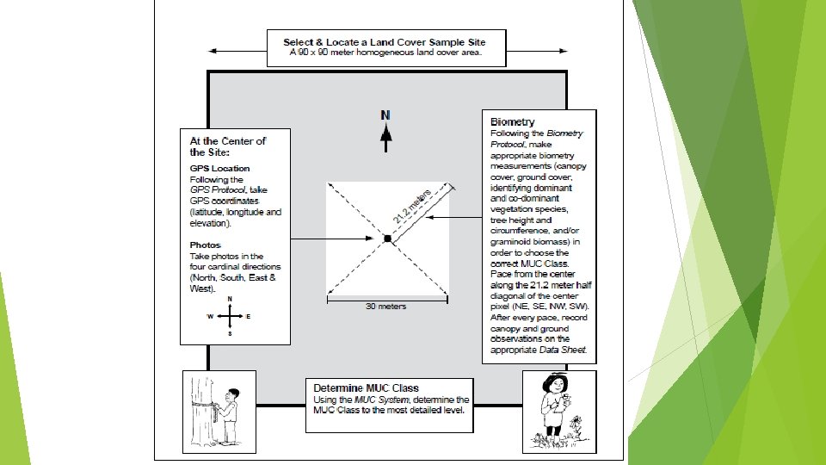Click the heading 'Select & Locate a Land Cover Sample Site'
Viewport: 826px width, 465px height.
[x=385, y=42]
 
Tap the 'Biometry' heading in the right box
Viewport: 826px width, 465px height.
[x=512, y=122]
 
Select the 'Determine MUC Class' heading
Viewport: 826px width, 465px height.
[x=366, y=388]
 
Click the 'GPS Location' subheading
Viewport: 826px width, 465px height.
[x=220, y=169]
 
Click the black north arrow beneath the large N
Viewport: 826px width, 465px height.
[x=386, y=133]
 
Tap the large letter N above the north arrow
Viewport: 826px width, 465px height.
[x=386, y=114]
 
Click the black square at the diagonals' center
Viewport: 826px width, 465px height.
[x=387, y=238]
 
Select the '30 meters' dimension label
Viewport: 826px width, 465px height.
[x=386, y=307]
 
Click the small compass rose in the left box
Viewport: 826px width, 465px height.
[x=230, y=316]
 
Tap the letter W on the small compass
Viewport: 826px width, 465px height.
[x=209, y=316]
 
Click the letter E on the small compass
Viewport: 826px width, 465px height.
[x=249, y=316]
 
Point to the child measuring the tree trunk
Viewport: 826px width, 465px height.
[x=227, y=413]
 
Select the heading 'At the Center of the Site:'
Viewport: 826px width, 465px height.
[x=228, y=146]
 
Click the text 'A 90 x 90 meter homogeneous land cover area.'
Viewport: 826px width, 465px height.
[x=385, y=53]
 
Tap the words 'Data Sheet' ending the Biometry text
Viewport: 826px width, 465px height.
[x=565, y=350]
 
